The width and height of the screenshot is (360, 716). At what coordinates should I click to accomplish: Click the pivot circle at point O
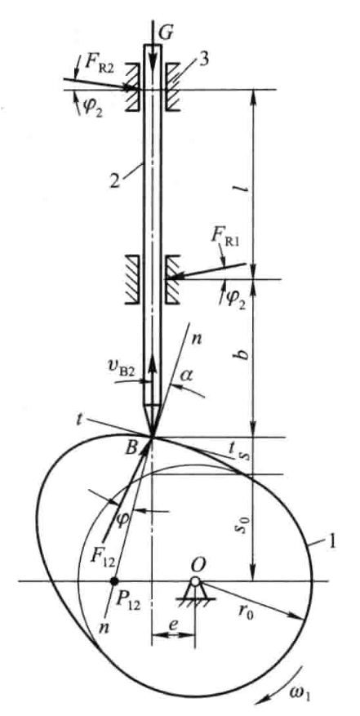pyautogui.click(x=195, y=581)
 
